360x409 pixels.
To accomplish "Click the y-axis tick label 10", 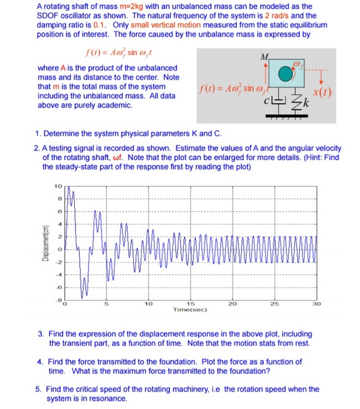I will pyautogui.click(x=57, y=187).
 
